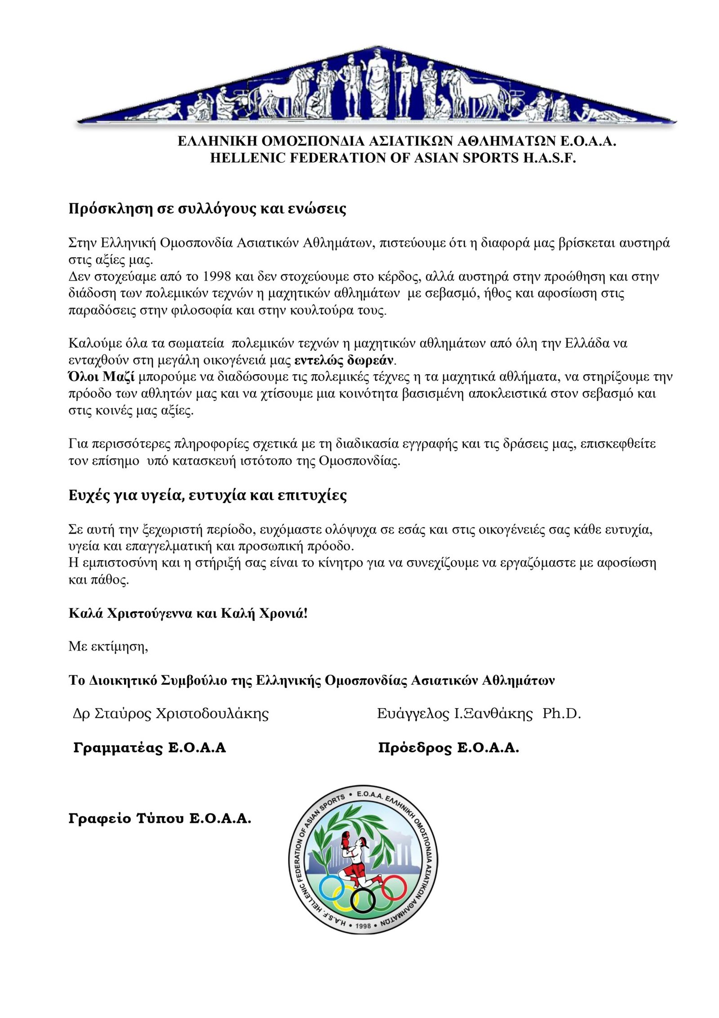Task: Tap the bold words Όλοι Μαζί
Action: pyautogui.click(x=102, y=377)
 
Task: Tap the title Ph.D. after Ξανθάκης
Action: pyautogui.click(x=562, y=713)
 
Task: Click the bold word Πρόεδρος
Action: pyautogui.click(x=415, y=748)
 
